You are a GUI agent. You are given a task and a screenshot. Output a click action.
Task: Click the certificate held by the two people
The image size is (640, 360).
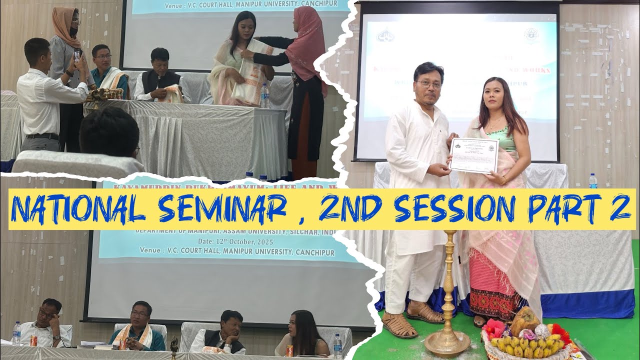tap(473, 155)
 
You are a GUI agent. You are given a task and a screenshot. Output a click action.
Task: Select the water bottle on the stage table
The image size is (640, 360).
tap(264, 95)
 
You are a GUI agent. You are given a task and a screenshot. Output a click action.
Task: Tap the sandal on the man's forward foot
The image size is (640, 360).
tap(399, 325)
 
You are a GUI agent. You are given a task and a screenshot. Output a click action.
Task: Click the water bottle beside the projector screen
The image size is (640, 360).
tap(593, 181)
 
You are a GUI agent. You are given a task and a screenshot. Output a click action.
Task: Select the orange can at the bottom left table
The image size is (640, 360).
tap(34, 340)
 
